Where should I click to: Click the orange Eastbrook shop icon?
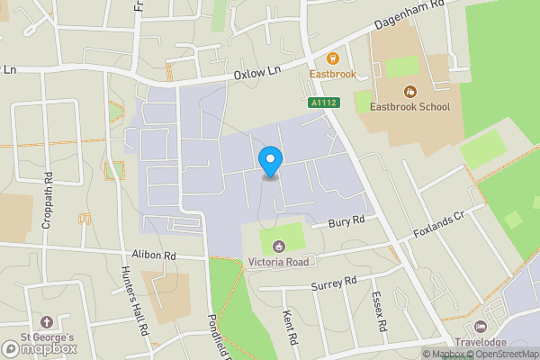pos(333,58)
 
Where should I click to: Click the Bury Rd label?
pos(346,220)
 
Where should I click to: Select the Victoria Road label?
pos(279,262)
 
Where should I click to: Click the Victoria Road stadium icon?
pos(279,246)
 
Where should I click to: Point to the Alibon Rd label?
pos(154,256)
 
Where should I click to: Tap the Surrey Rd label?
pos(334,283)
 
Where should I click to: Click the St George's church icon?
pos(47,321)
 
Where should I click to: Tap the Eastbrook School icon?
pos(411,91)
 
